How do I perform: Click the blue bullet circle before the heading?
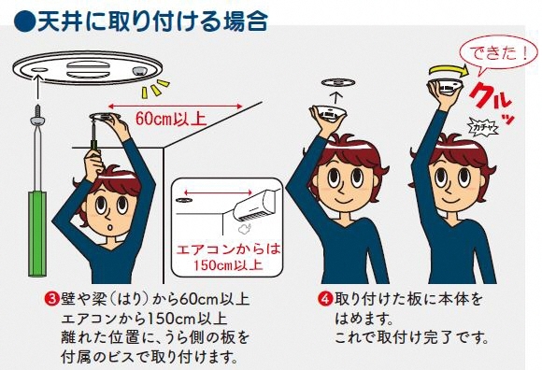coord(25,20)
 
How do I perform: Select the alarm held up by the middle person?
coord(329,110)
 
